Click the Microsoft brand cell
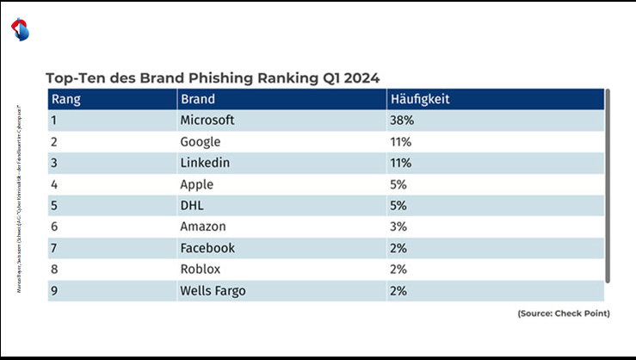coord(207,121)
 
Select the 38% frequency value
coord(401,121)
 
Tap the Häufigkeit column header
coord(419,99)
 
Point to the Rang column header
coord(66,99)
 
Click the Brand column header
coord(198,99)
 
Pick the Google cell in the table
coord(201,142)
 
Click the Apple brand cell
coord(197,184)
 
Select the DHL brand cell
coord(193,206)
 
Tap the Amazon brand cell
coord(203,227)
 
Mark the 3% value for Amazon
coord(398,227)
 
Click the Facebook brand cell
coord(207,248)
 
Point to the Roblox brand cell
coord(201,269)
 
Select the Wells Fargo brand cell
coord(213,290)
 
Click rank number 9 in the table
coord(54,290)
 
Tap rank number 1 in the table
coord(53,121)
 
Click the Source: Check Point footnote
coord(563,313)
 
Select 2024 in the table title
coord(361,77)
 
